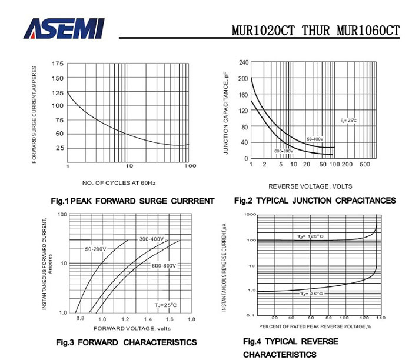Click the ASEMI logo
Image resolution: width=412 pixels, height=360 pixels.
click(x=64, y=27)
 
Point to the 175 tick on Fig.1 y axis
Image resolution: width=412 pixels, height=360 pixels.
click(x=58, y=64)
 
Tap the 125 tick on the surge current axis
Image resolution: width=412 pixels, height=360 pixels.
click(x=58, y=92)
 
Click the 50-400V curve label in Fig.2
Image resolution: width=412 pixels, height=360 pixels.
click(x=316, y=139)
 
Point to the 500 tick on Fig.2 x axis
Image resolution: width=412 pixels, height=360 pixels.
click(x=364, y=164)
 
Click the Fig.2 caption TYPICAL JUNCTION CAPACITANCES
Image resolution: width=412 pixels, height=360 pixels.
click(x=315, y=201)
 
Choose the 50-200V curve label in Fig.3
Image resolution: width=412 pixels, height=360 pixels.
click(x=95, y=249)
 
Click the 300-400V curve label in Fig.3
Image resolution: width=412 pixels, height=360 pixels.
click(x=151, y=239)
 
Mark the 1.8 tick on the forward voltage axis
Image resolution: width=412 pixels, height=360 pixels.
click(x=191, y=319)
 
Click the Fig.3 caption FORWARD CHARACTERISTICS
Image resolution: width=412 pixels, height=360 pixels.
click(x=126, y=342)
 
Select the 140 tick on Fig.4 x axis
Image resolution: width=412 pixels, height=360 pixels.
click(x=380, y=318)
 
